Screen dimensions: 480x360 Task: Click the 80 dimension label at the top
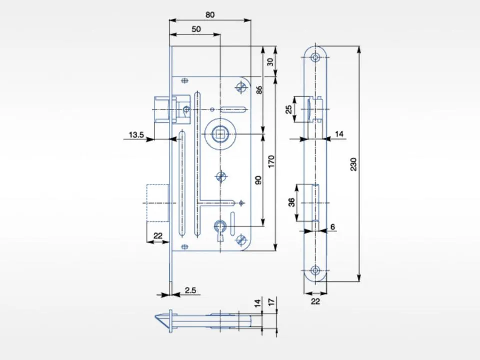(210, 14)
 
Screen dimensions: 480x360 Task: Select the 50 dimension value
(196, 29)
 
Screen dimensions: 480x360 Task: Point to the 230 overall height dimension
(353, 164)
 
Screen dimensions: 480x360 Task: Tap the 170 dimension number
(271, 161)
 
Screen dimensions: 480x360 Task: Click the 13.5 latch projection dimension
(136, 134)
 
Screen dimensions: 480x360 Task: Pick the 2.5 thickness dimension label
(190, 290)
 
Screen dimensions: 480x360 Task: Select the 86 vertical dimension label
(259, 90)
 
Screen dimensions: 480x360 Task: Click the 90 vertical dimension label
(258, 180)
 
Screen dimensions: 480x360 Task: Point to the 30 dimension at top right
(270, 62)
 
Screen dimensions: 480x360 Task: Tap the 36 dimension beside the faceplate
(292, 202)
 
